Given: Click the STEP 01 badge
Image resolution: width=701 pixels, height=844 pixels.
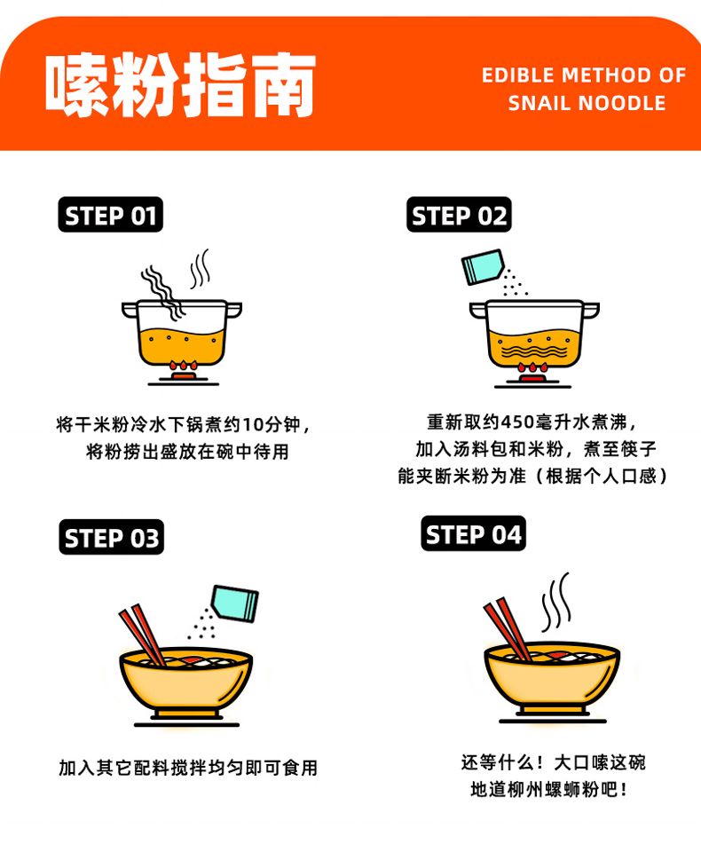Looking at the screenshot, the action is click(x=110, y=215).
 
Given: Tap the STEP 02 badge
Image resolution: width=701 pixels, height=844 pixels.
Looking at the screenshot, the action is click(x=459, y=215).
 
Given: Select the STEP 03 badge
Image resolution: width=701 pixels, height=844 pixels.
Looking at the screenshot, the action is click(x=112, y=537).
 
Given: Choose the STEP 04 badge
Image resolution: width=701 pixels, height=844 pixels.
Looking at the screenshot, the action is click(x=474, y=533).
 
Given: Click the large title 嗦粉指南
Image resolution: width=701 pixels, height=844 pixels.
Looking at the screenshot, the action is click(x=180, y=84).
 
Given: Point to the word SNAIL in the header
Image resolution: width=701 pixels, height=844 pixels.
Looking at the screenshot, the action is click(x=539, y=103).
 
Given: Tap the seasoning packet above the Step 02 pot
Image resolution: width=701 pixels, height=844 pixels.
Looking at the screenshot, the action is click(x=483, y=266).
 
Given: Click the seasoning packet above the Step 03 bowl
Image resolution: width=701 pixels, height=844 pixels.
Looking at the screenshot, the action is click(x=234, y=603).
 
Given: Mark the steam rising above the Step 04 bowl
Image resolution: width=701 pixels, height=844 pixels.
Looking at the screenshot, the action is click(x=555, y=602).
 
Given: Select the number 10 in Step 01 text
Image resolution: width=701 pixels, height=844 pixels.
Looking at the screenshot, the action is click(x=252, y=425).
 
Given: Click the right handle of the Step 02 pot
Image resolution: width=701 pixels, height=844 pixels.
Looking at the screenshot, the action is click(x=591, y=310).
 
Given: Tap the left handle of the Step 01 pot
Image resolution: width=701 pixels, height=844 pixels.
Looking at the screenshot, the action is click(x=130, y=310).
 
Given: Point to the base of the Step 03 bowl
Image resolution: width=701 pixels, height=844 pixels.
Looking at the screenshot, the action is click(x=186, y=714).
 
